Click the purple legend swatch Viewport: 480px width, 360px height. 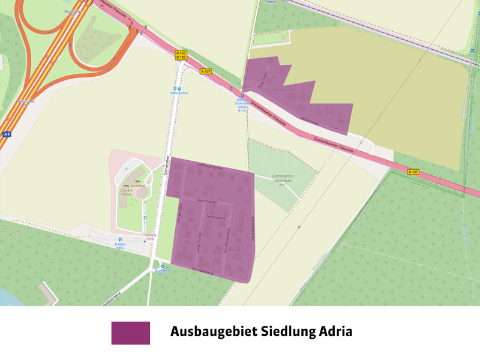coord(130,333)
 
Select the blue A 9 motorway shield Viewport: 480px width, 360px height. coord(7,134)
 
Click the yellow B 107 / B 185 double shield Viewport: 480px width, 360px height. coord(181,55)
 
